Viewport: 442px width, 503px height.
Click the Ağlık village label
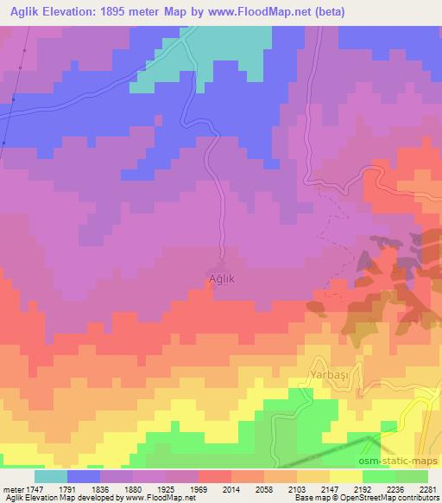(222, 278)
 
